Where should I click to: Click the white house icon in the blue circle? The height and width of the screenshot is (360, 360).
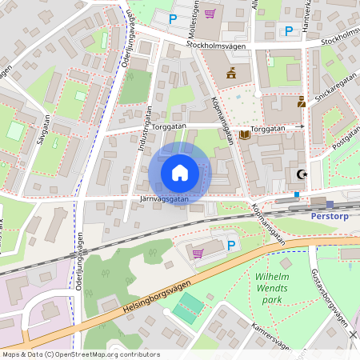179,173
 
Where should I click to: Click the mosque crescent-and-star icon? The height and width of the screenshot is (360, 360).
302,174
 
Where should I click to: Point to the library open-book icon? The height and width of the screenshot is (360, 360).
245,134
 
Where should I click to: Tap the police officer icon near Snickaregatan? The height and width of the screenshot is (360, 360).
302,102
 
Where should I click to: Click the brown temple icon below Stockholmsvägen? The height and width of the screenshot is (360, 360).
231,74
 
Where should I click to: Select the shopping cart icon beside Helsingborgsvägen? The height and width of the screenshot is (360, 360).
198,252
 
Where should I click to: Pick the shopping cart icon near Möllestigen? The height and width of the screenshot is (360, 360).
210,14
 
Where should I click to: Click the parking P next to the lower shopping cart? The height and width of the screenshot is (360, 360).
231,246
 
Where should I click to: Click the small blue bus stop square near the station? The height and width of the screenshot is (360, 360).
297,194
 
